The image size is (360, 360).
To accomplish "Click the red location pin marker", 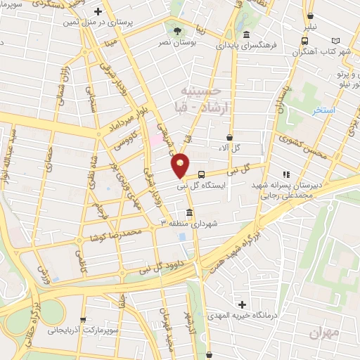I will (181, 165).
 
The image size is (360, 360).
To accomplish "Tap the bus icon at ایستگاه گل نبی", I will (202, 174).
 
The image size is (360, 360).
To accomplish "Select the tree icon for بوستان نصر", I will (176, 32).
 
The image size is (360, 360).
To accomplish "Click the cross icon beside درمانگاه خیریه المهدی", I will (243, 305).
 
